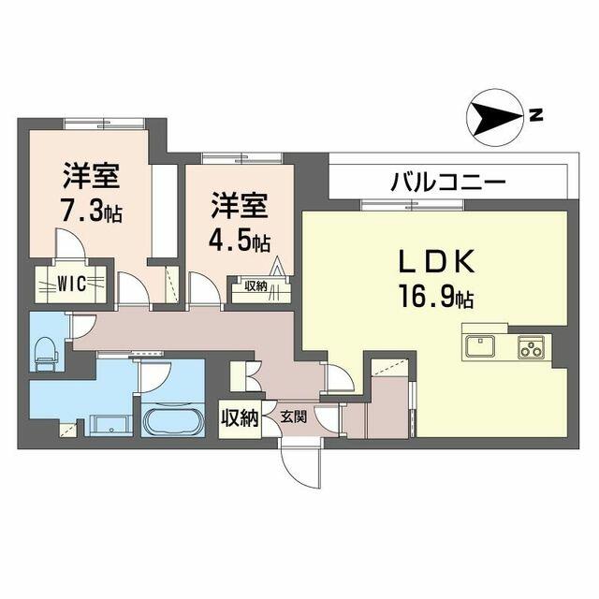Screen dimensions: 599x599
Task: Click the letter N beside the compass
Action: point(536,115)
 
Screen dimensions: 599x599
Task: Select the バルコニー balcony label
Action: point(447,182)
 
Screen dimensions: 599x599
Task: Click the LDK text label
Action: point(437,261)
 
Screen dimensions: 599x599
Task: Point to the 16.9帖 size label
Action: point(436,297)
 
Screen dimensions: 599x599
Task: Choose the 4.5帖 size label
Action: point(240,241)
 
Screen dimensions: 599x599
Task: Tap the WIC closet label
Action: point(71,284)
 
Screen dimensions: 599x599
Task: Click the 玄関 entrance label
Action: point(294,416)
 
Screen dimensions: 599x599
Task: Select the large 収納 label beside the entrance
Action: point(240,418)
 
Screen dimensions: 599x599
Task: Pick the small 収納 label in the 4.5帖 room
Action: point(256,286)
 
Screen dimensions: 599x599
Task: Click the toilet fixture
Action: point(47,354)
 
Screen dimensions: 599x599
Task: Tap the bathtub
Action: point(172,421)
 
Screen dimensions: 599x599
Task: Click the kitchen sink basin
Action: point(480,346)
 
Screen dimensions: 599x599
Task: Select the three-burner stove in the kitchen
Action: point(531,347)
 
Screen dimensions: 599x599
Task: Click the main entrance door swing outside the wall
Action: point(301,468)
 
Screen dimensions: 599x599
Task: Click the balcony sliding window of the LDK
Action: point(413,205)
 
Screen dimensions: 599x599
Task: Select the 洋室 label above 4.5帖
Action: point(240,206)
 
